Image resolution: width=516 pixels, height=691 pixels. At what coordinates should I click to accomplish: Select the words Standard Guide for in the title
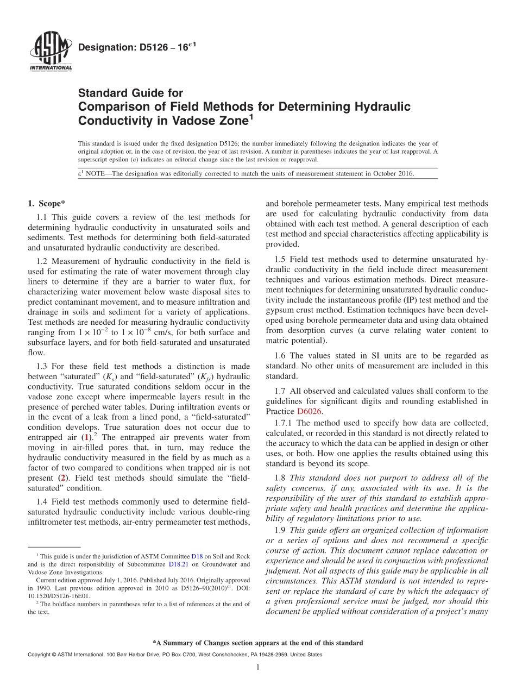(131, 93)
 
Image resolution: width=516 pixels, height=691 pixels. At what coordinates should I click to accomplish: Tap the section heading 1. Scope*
(46, 204)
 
